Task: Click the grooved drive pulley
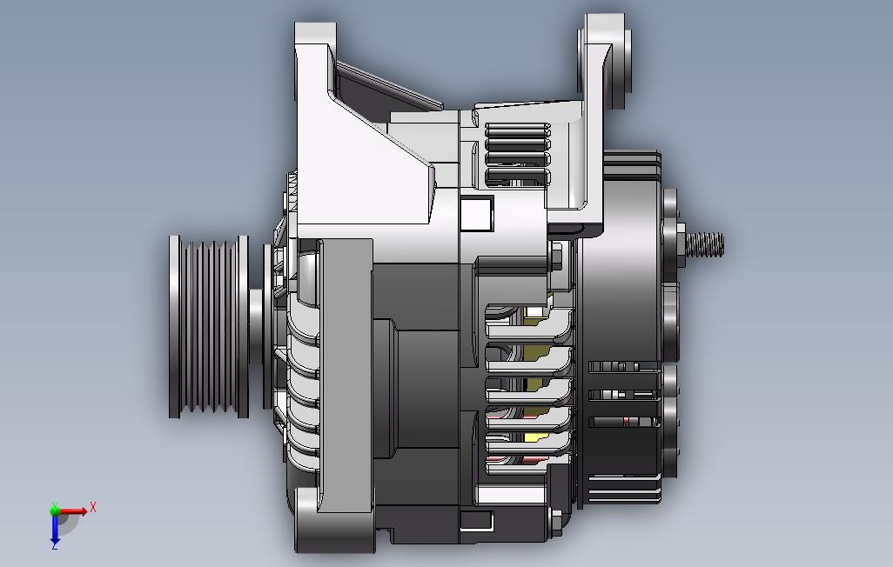(208, 326)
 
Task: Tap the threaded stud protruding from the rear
(705, 243)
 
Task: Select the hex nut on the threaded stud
(681, 244)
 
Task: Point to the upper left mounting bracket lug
(315, 57)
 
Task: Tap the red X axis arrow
(72, 511)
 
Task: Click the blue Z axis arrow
(55, 527)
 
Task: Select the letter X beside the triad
(93, 507)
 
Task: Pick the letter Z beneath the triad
(55, 545)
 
